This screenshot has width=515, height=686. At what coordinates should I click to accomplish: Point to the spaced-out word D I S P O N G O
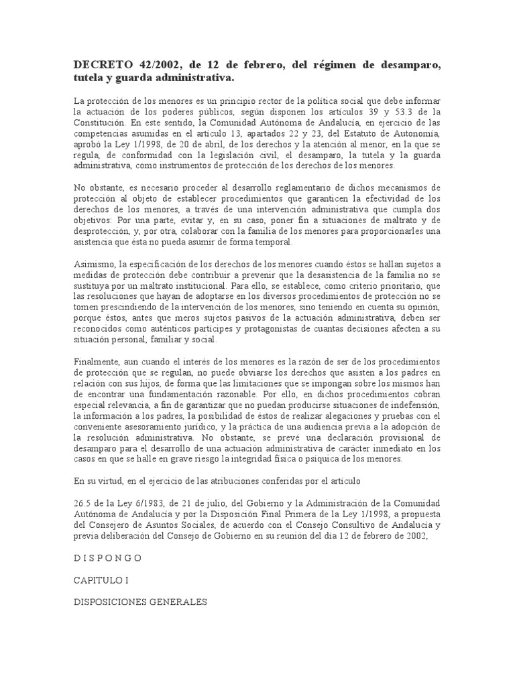(107, 557)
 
